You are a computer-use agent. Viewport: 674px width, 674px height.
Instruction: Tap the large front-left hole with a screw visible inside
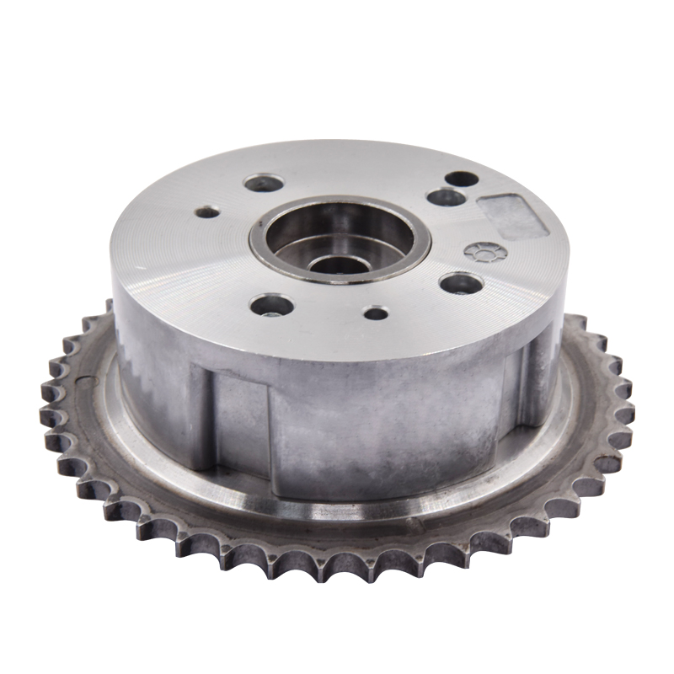(271, 304)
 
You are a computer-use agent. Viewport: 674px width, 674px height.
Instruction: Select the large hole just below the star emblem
(461, 283)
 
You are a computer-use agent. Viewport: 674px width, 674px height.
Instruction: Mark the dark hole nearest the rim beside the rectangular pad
(462, 179)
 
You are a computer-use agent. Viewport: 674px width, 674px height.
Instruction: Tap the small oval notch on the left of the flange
(85, 382)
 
